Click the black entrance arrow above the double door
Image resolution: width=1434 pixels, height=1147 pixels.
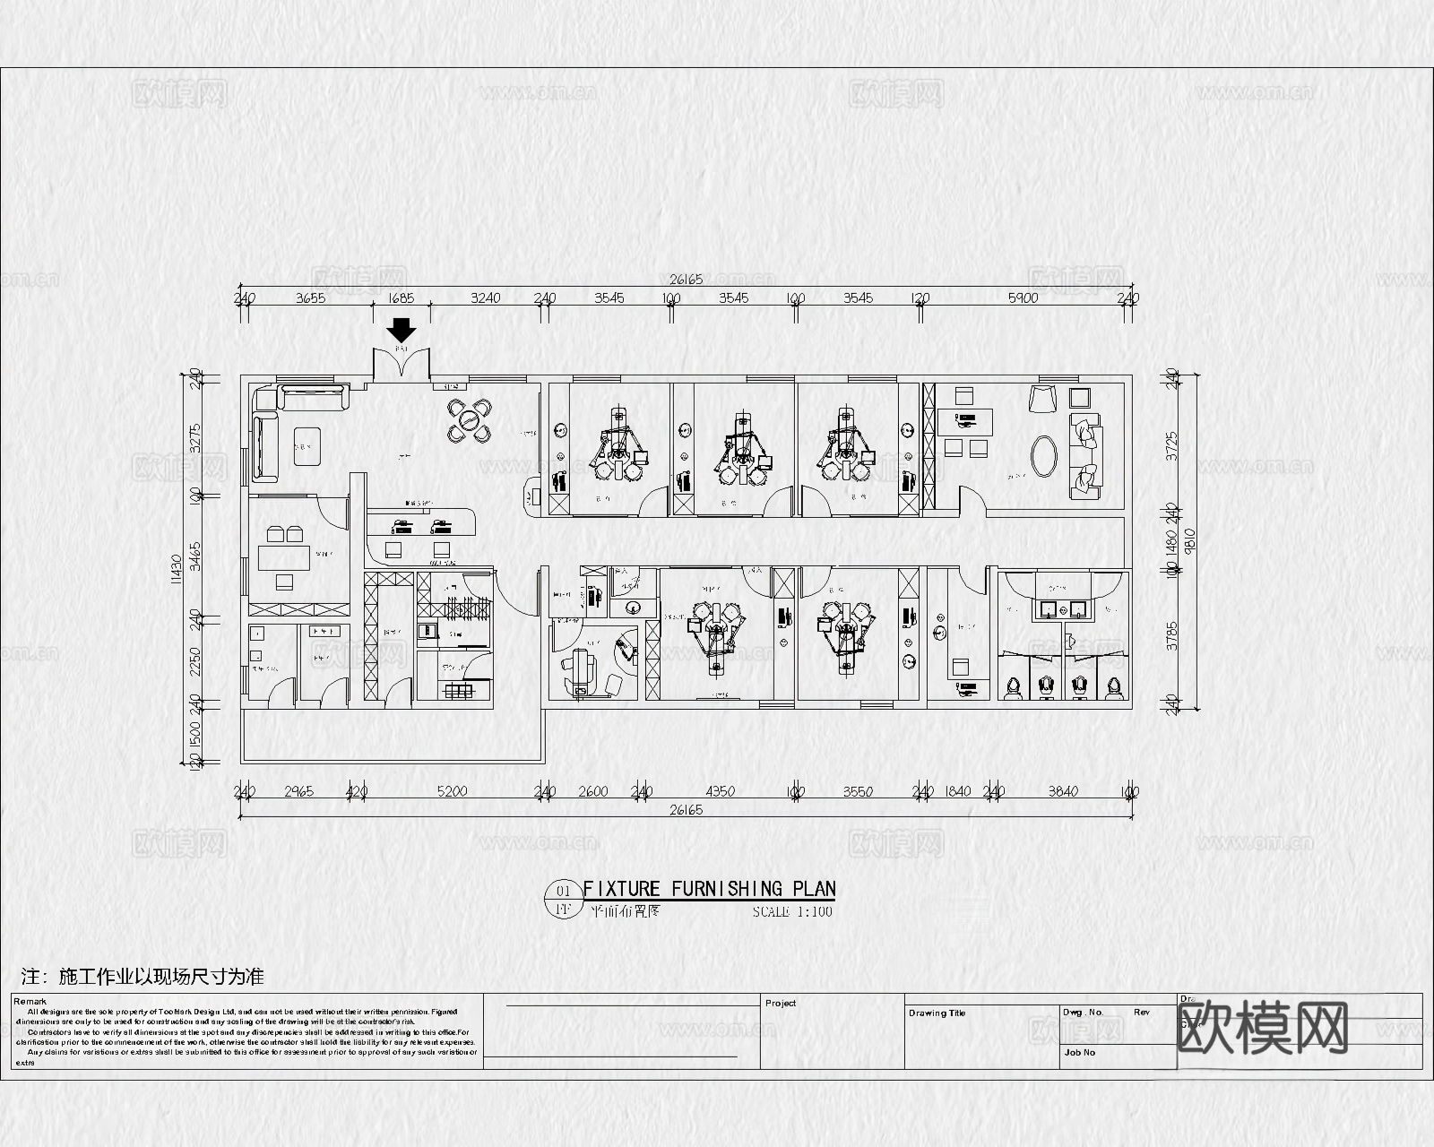click(x=401, y=329)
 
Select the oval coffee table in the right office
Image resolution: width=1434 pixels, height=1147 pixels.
click(x=1044, y=455)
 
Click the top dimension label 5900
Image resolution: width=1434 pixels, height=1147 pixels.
click(x=1023, y=298)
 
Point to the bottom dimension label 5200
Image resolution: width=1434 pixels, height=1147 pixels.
click(x=451, y=791)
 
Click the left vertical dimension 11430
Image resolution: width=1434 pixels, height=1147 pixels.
click(x=177, y=567)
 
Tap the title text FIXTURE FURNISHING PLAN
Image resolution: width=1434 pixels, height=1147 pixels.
click(x=709, y=888)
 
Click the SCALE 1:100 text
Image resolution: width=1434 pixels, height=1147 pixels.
click(x=792, y=912)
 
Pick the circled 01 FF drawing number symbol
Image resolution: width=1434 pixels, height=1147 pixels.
click(x=564, y=900)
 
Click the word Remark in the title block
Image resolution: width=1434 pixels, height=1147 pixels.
click(x=30, y=1002)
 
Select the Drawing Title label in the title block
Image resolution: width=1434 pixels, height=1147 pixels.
click(x=937, y=1013)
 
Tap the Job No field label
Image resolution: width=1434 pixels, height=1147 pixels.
click(x=1079, y=1052)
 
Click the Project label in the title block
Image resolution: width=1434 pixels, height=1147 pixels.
click(x=781, y=1003)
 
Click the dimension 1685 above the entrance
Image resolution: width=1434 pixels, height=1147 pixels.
click(x=401, y=298)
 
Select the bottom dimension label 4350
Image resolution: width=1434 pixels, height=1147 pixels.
click(x=720, y=791)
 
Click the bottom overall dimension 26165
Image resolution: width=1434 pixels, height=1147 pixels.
click(x=686, y=809)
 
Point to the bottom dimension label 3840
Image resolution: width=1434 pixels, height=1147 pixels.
click(x=1063, y=791)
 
